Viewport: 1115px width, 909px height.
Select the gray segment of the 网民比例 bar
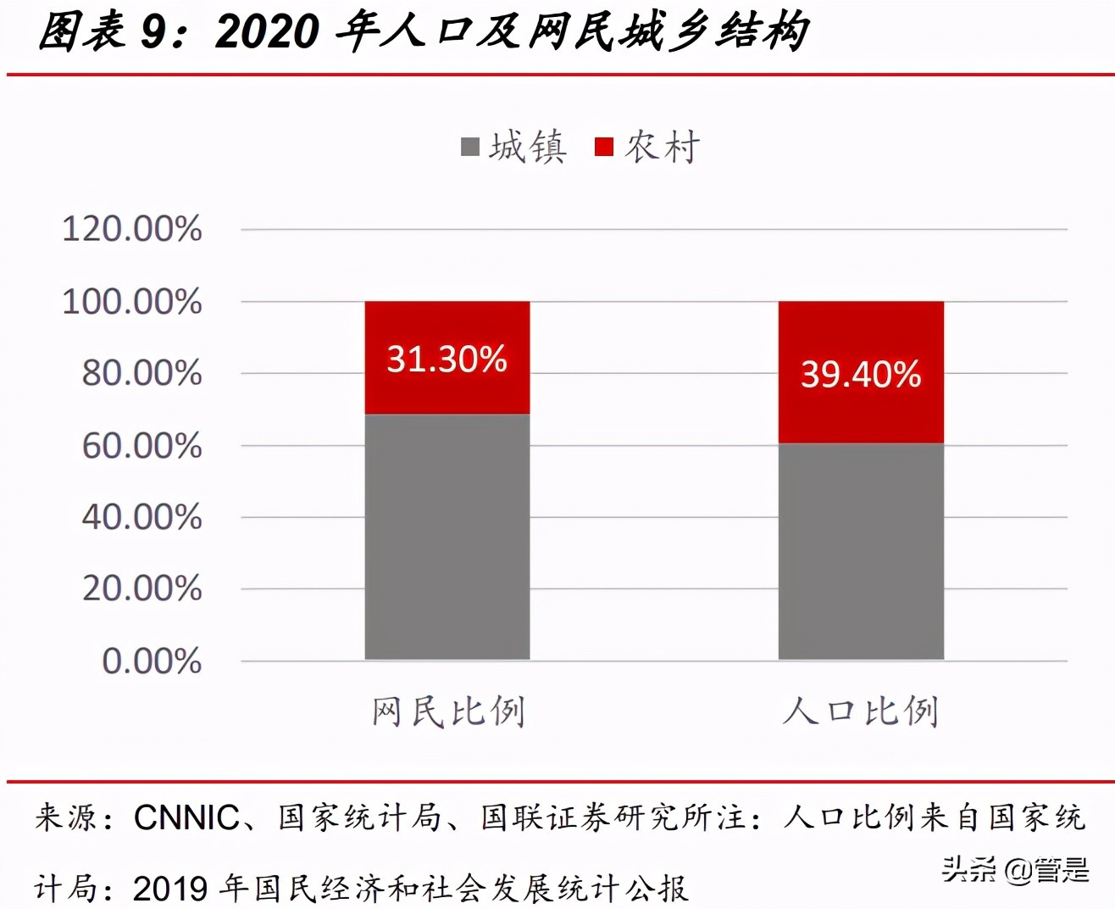tap(447, 536)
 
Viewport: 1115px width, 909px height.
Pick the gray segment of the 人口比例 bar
tap(861, 551)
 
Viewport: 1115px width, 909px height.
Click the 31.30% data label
tap(447, 359)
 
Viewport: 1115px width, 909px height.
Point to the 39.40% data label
tap(861, 374)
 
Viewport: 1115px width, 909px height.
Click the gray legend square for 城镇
tap(470, 148)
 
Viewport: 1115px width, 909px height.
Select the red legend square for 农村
tap(604, 148)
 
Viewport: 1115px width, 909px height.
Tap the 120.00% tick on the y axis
tap(132, 229)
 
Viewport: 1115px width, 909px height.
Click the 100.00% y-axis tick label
tap(132, 301)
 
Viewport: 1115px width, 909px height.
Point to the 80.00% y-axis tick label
tap(141, 373)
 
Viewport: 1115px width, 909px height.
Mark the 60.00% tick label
tap(141, 445)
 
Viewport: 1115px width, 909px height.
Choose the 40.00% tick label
tap(141, 516)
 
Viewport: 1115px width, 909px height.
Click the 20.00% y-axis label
tap(141, 588)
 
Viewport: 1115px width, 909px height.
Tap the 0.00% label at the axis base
tap(152, 661)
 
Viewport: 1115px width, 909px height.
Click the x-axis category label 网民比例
tap(448, 711)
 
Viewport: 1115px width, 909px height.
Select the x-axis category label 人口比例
tap(861, 711)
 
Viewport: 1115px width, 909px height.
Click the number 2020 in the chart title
tap(268, 32)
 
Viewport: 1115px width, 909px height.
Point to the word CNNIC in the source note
tap(186, 817)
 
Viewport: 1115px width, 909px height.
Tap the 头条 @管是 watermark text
tap(1015, 869)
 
